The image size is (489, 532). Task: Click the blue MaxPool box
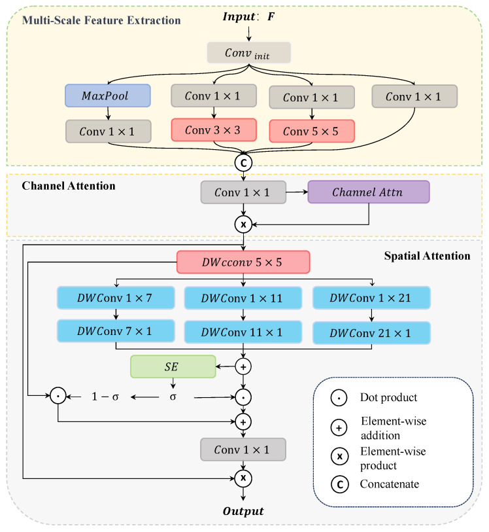pyautogui.click(x=108, y=96)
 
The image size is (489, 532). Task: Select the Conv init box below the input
pyautogui.click(x=248, y=52)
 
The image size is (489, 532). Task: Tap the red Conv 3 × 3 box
pyautogui.click(x=214, y=130)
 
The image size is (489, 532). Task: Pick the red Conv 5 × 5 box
pyautogui.click(x=312, y=131)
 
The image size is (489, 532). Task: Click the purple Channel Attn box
pyautogui.click(x=369, y=192)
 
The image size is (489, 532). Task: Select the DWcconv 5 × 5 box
pyautogui.click(x=243, y=262)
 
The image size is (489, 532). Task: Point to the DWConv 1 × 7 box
pyautogui.click(x=116, y=298)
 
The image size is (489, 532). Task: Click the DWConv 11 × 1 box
pyautogui.click(x=243, y=332)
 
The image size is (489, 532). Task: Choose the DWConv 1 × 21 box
pyautogui.click(x=371, y=298)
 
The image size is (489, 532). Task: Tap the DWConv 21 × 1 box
pyautogui.click(x=371, y=333)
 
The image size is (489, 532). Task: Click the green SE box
pyautogui.click(x=173, y=366)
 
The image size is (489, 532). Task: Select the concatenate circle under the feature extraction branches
pyautogui.click(x=243, y=163)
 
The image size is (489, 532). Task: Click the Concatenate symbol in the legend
pyautogui.click(x=339, y=484)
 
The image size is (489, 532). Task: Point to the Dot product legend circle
pyautogui.click(x=339, y=398)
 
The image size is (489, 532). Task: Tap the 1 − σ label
pyautogui.click(x=105, y=397)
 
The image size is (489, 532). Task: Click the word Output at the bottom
pyautogui.click(x=243, y=511)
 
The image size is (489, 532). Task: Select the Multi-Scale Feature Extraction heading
pyautogui.click(x=101, y=20)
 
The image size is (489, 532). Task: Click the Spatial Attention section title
pyautogui.click(x=427, y=256)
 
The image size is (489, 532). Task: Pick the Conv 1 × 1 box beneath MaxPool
pyautogui.click(x=109, y=132)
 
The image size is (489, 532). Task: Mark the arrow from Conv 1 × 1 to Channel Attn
pyautogui.click(x=297, y=192)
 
